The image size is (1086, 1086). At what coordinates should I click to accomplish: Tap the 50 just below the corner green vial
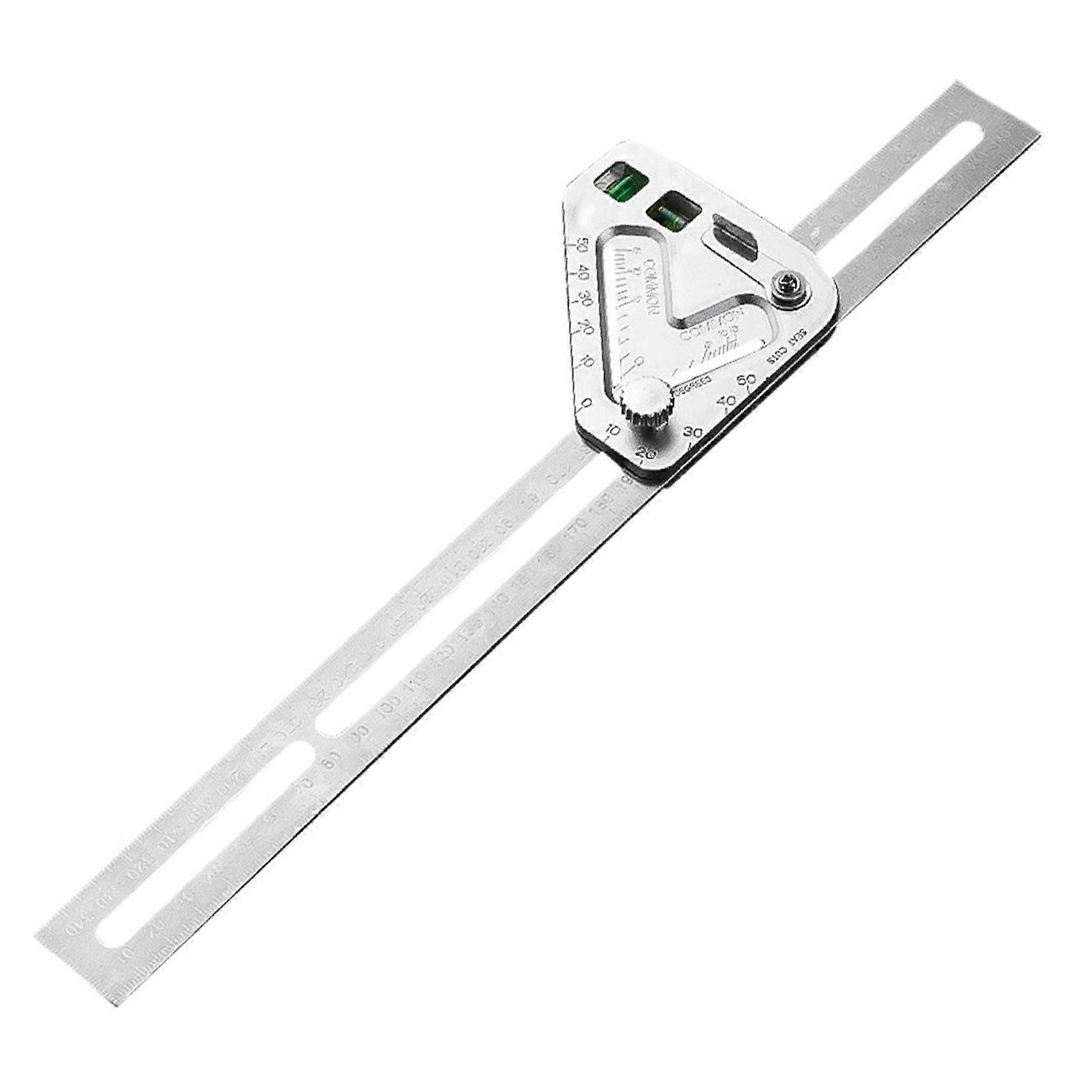581,246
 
